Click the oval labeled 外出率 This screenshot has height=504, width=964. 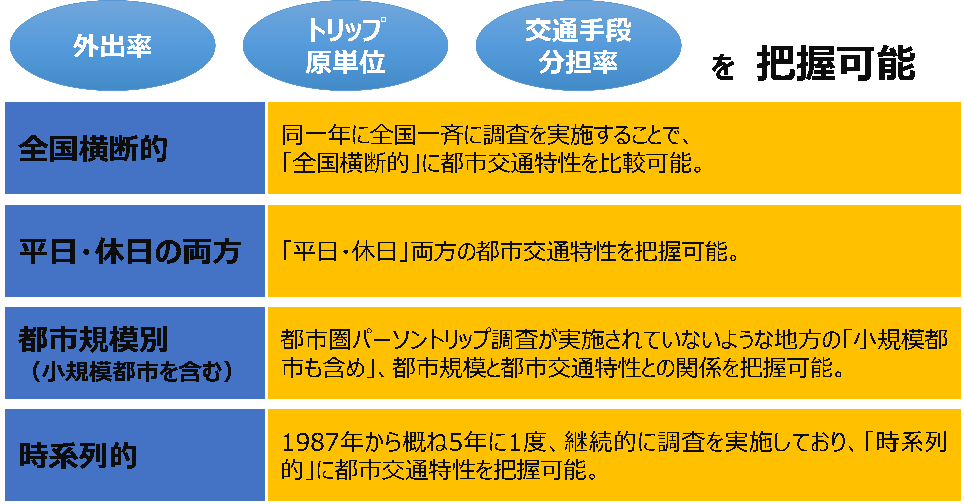click(112, 46)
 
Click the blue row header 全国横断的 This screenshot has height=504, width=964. click(93, 149)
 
